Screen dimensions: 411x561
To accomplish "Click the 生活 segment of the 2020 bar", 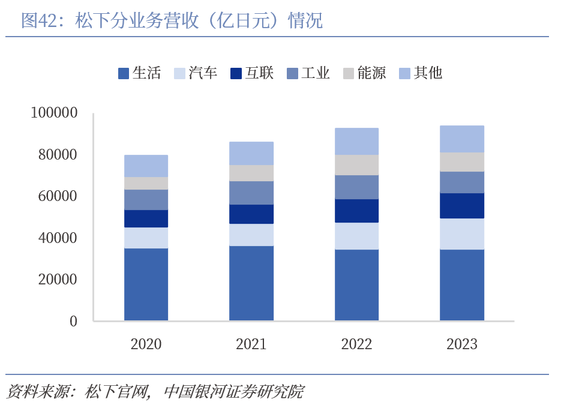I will pyautogui.click(x=146, y=284).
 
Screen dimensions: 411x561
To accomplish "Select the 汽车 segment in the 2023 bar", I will pyautogui.click(x=461, y=233).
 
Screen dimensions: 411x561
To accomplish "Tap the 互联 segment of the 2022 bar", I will pyautogui.click(x=356, y=211).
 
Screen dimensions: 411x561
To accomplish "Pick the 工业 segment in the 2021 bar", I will pyautogui.click(x=251, y=193).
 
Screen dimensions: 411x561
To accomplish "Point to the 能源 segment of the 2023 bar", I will pyautogui.click(x=461, y=161).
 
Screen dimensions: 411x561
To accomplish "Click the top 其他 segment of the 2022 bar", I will pyautogui.click(x=356, y=141).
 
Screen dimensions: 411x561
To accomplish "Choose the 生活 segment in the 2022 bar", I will pyautogui.click(x=356, y=284).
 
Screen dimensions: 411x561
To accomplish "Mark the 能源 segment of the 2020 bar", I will pyautogui.click(x=146, y=183).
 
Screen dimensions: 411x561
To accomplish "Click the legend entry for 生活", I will pyautogui.click(x=139, y=73).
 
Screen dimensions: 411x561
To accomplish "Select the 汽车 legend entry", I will pyautogui.click(x=196, y=73).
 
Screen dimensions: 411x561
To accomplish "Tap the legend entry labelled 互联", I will pyautogui.click(x=252, y=73).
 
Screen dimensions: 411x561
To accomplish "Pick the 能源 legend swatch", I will pyautogui.click(x=349, y=74).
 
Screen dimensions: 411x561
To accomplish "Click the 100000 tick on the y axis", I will pyautogui.click(x=53, y=113).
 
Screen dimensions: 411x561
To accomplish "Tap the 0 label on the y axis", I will pyautogui.click(x=73, y=321).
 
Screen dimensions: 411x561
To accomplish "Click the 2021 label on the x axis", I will pyautogui.click(x=251, y=344).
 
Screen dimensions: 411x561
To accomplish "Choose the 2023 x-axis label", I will pyautogui.click(x=461, y=344).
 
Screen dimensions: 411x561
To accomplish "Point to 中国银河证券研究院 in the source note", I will pyautogui.click(x=233, y=392).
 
